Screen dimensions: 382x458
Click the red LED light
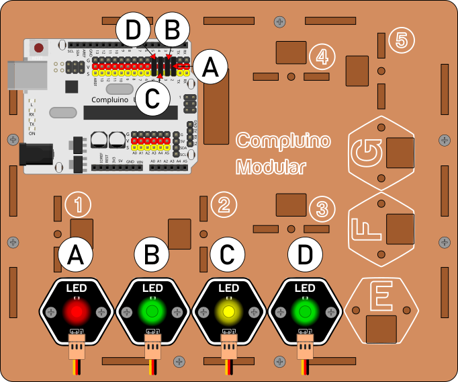pyautogui.click(x=76, y=311)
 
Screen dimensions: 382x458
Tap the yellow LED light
pyautogui.click(x=228, y=311)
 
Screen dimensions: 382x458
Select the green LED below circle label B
pyautogui.click(x=152, y=311)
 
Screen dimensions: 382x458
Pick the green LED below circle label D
pyautogui.click(x=304, y=311)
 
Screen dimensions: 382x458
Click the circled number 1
pyautogui.click(x=79, y=205)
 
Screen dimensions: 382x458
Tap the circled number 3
pyautogui.click(x=322, y=208)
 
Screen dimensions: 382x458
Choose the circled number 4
pyautogui.click(x=322, y=56)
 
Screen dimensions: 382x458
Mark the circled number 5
pyautogui.click(x=401, y=40)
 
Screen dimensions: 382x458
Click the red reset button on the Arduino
pyautogui.click(x=39, y=48)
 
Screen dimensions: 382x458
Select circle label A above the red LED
pyautogui.click(x=75, y=256)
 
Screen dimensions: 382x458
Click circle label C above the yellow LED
pyautogui.click(x=228, y=256)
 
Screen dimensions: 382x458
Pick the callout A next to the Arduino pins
pyautogui.click(x=210, y=67)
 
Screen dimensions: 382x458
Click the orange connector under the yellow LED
pyautogui.click(x=228, y=350)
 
